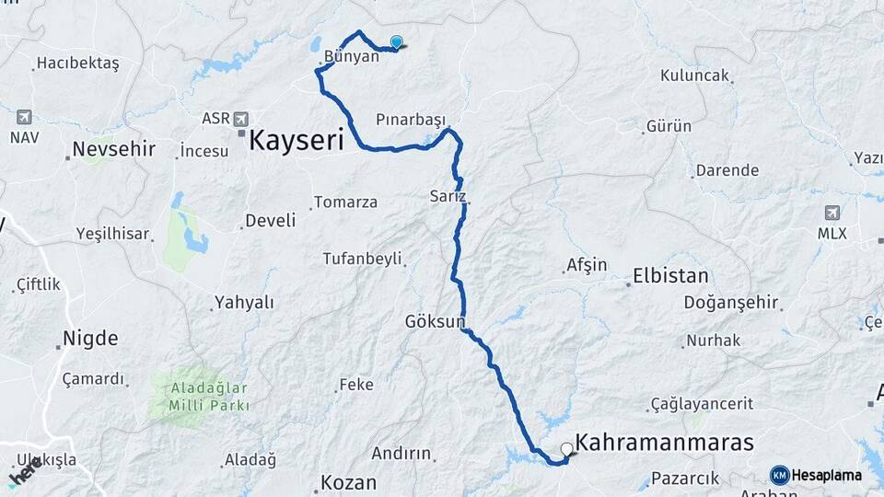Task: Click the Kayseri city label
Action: (297, 141)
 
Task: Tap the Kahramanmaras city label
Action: (664, 442)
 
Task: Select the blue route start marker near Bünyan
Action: (397, 41)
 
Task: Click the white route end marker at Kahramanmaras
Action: (567, 449)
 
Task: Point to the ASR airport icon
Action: (241, 119)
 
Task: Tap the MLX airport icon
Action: (833, 213)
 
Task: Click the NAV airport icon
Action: (23, 117)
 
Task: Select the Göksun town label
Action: (435, 321)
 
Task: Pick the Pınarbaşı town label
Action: (411, 121)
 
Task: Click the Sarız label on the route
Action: (448, 196)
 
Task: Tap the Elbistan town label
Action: (670, 276)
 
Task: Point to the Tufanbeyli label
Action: (362, 259)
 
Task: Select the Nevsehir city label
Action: (114, 148)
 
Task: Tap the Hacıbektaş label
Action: (77, 64)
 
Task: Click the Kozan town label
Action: (348, 482)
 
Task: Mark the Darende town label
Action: (727, 170)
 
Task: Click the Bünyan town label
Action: (351, 56)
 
